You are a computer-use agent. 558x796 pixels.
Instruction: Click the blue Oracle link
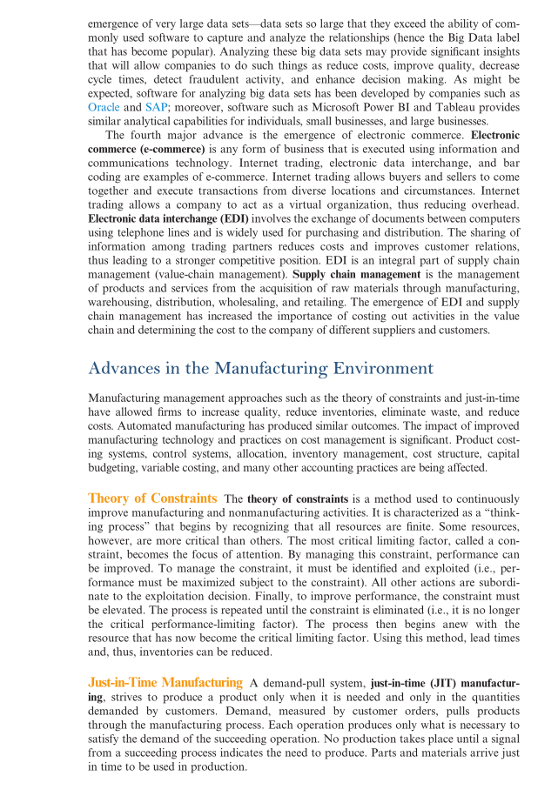click(x=104, y=106)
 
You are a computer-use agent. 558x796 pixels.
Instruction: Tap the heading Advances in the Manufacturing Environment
click(x=260, y=368)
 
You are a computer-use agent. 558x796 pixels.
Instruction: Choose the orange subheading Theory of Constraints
click(x=152, y=498)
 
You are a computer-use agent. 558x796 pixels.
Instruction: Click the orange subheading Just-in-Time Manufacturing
click(x=165, y=683)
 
